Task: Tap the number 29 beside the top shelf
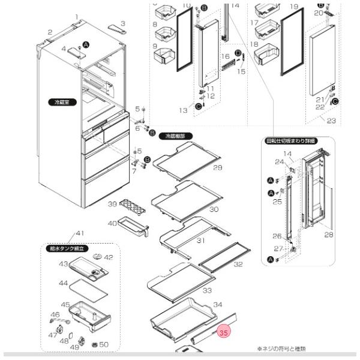pyautogui.click(x=217, y=167)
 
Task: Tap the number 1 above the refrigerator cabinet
pyautogui.click(x=77, y=17)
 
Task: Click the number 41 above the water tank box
pyautogui.click(x=80, y=233)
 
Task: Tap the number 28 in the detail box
pyautogui.click(x=328, y=235)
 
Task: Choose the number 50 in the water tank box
pyautogui.click(x=103, y=344)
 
